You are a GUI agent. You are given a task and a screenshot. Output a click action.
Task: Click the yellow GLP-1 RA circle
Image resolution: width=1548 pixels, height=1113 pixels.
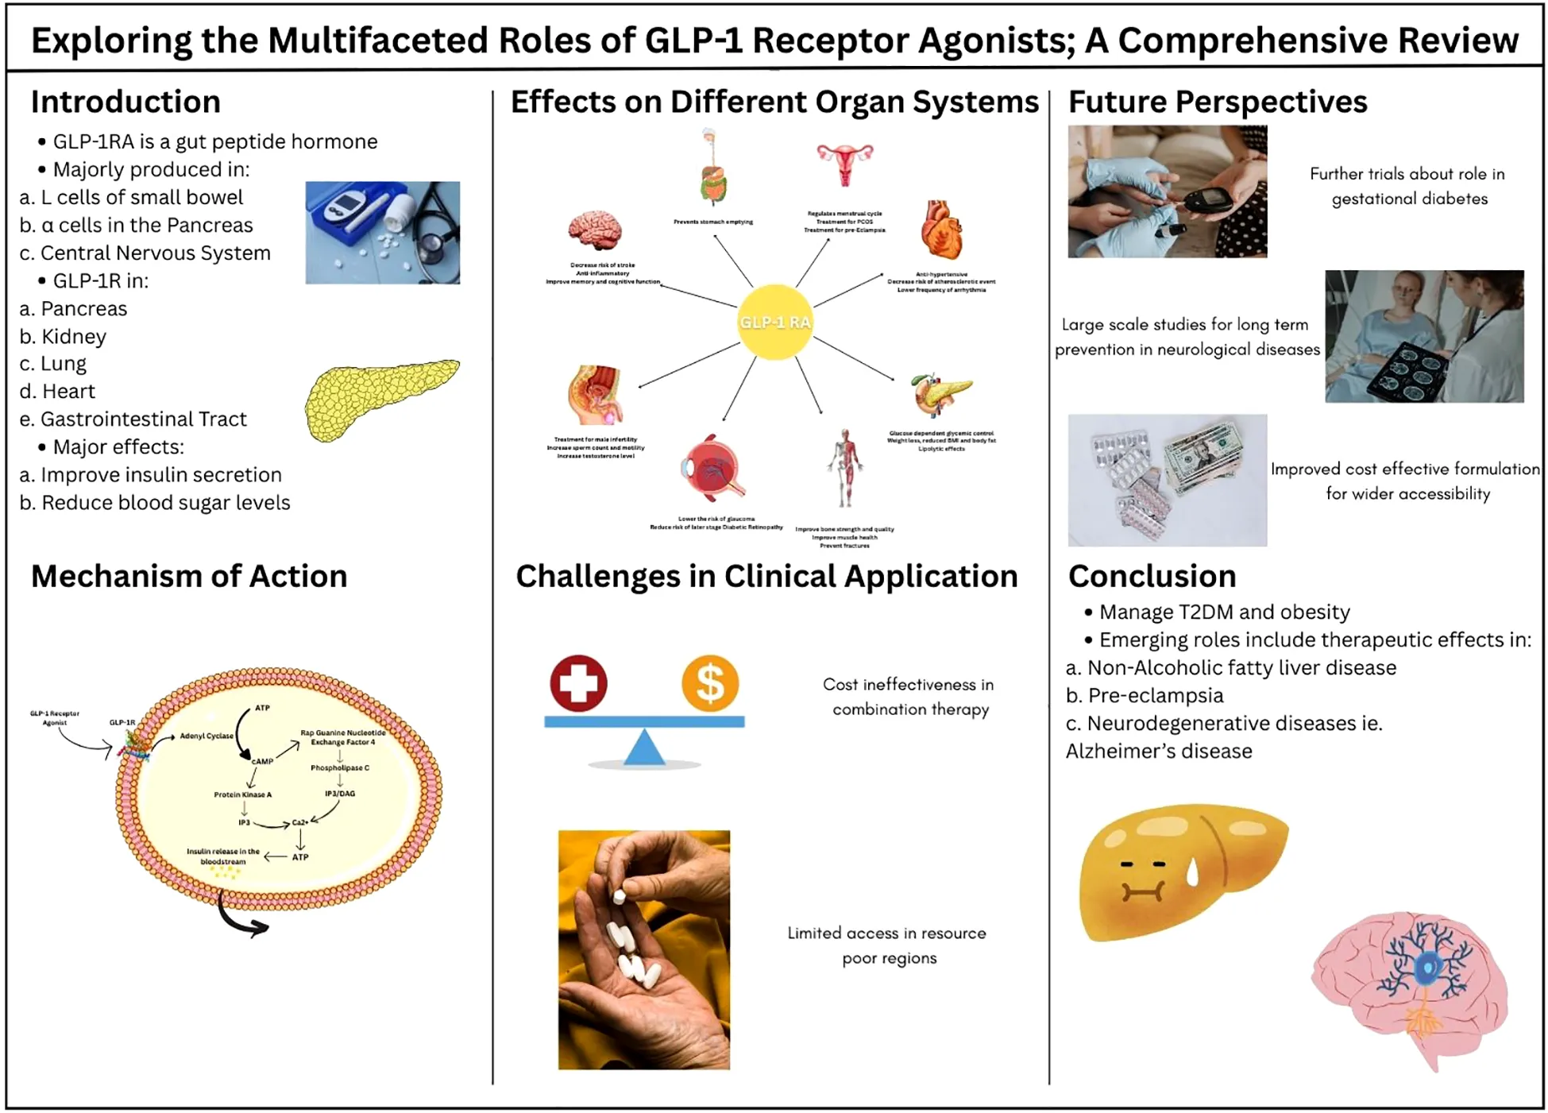click(x=774, y=322)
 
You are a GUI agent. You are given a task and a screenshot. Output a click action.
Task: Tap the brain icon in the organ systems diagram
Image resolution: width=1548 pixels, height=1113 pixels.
click(x=595, y=230)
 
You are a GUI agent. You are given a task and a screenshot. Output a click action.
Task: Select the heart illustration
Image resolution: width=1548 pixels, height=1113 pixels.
click(x=942, y=230)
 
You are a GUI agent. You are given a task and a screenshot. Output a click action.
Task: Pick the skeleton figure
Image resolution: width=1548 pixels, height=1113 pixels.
click(x=845, y=469)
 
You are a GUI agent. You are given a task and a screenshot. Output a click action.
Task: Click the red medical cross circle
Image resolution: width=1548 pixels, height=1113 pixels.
click(x=579, y=683)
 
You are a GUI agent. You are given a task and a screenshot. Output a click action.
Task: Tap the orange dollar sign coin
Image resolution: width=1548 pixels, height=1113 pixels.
click(x=710, y=683)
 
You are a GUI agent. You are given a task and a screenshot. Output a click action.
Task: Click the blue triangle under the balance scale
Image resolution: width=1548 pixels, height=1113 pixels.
click(x=644, y=748)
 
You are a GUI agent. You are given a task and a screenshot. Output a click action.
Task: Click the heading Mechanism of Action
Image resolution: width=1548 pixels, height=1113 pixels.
click(x=189, y=576)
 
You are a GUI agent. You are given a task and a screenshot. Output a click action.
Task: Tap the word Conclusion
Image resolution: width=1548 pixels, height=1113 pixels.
click(x=1152, y=576)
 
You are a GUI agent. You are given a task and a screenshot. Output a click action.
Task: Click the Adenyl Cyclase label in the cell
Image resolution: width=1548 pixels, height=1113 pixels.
click(x=207, y=736)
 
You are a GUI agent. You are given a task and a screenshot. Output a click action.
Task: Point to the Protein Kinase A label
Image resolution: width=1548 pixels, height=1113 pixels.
click(x=242, y=794)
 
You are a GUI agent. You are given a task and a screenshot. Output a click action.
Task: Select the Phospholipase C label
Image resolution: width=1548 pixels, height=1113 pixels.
click(x=340, y=767)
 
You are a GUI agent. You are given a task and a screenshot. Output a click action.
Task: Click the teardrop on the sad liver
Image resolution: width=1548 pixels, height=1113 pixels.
click(x=1192, y=873)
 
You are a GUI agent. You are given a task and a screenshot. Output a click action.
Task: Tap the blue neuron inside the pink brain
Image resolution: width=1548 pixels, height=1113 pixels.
click(x=1426, y=965)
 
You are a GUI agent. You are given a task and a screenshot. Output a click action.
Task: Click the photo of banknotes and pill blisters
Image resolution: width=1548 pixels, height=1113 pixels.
click(x=1167, y=480)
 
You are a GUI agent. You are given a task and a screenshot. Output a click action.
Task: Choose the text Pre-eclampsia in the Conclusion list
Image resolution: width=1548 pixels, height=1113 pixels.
click(x=1156, y=695)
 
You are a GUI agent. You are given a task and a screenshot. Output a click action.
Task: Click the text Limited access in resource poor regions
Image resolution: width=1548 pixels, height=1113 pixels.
click(x=887, y=945)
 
